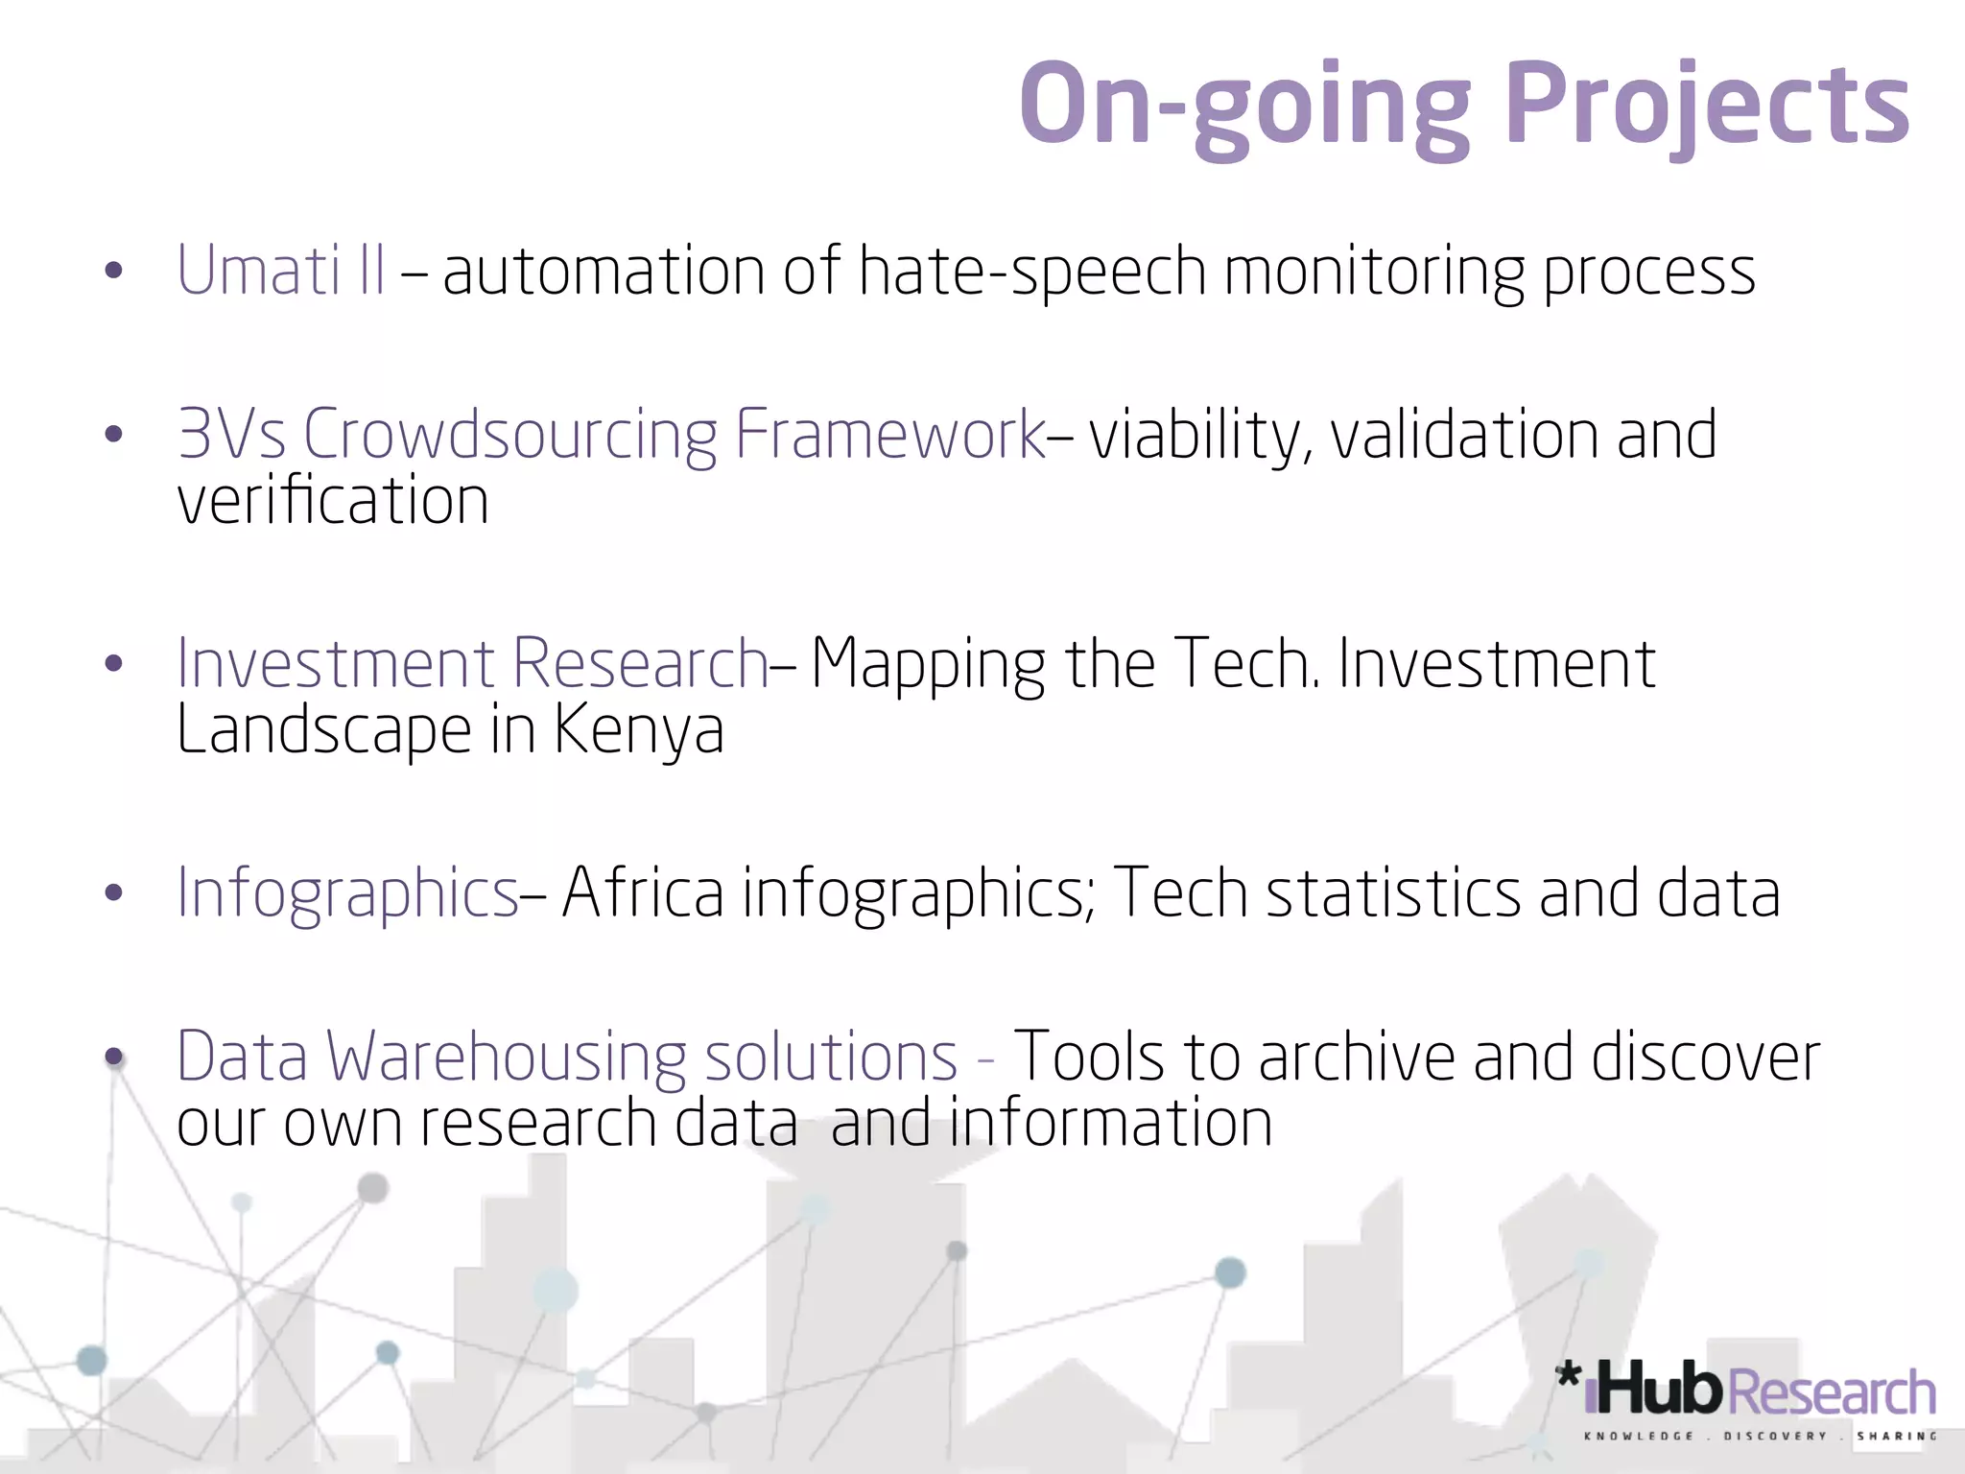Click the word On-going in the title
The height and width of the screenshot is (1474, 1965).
(1244, 104)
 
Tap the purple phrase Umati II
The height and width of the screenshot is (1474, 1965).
(281, 270)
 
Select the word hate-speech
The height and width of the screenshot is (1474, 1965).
(1031, 272)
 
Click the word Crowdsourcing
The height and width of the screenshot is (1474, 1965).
(509, 435)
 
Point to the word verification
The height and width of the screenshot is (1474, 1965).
(333, 501)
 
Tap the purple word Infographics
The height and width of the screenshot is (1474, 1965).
(347, 893)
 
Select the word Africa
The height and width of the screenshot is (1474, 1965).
(643, 893)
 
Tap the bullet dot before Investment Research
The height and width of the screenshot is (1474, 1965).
(113, 664)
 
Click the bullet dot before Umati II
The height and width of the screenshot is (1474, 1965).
(113, 271)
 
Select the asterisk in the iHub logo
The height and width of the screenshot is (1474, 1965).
(1568, 1375)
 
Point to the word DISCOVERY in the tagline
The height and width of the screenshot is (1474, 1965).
(1775, 1437)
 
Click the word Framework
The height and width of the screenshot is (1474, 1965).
(889, 435)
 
